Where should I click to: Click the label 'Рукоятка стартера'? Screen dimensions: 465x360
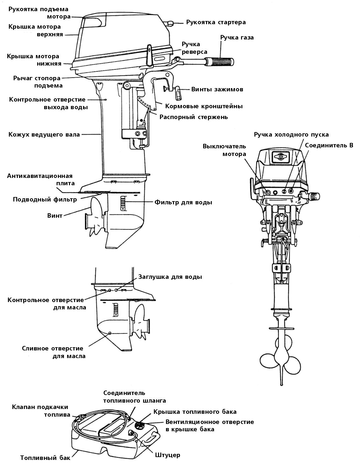(x=216, y=22)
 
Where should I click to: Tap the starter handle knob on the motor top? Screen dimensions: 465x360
(x=170, y=23)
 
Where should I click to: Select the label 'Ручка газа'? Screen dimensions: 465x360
(x=237, y=38)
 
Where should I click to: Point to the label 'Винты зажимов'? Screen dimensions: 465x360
(x=217, y=89)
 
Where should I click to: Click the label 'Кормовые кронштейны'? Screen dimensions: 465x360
(x=204, y=106)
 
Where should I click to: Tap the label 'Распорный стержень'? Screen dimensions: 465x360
(x=193, y=117)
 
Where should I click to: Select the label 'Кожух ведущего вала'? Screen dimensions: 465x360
(x=44, y=135)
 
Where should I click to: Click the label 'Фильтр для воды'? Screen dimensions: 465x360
(x=183, y=202)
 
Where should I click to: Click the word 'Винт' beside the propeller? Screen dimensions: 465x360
(x=55, y=215)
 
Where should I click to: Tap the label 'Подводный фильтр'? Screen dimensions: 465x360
(x=45, y=200)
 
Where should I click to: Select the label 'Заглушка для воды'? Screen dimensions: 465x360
(x=170, y=277)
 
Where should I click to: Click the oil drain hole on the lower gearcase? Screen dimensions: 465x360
(x=110, y=333)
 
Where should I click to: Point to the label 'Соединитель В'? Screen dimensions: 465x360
(x=329, y=145)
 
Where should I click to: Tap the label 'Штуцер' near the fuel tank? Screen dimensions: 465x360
(x=168, y=455)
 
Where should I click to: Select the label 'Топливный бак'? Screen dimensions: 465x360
(x=45, y=458)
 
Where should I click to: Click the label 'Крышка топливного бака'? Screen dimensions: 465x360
(x=195, y=412)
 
